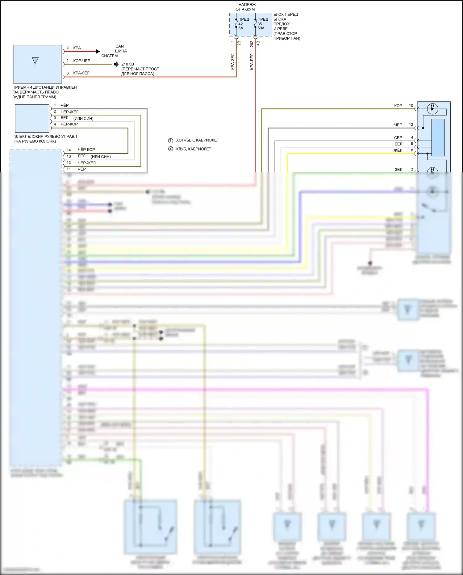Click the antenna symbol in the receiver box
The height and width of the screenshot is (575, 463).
pos(35,61)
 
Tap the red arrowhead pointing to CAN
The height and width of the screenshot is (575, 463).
pos(98,51)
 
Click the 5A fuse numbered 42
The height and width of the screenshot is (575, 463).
pos(236,23)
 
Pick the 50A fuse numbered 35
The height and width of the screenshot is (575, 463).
pos(256,23)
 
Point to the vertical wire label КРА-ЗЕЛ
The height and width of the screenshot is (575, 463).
pos(233,61)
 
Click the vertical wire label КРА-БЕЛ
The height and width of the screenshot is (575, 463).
pos(252,61)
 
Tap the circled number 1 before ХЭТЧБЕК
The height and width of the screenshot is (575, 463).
pos(170,140)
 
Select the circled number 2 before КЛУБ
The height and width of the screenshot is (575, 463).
pos(170,149)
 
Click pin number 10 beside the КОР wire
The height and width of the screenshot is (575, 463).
pos(411,105)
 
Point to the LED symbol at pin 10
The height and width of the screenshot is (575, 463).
pos(432,108)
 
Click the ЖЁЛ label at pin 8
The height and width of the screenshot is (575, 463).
pos(398,150)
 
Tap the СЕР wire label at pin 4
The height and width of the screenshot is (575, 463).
pos(398,137)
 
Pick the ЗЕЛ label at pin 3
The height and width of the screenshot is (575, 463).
pos(398,169)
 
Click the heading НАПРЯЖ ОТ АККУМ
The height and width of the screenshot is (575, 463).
pos(246,7)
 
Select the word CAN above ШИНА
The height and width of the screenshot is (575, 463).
pos(119,46)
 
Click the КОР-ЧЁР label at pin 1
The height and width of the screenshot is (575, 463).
pos(82,61)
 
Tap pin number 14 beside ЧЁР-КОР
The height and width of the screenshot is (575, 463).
pos(69,150)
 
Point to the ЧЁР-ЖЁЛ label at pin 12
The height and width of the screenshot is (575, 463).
pos(87,163)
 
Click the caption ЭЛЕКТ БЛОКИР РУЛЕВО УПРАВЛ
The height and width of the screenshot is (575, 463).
pos(45,136)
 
